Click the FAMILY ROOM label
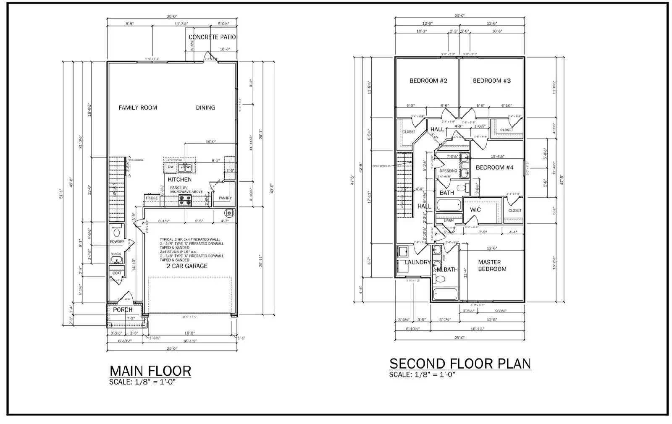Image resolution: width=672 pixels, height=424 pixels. (138, 108)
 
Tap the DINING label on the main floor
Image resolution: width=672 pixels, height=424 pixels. (205, 108)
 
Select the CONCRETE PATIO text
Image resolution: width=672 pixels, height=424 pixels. (212, 37)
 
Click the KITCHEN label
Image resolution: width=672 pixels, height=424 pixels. (180, 180)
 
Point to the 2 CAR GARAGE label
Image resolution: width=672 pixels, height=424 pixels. (186, 266)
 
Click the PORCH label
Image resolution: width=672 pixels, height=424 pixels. (123, 310)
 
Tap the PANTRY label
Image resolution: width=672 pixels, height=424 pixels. (225, 198)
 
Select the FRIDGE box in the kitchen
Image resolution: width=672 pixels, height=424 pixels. (152, 198)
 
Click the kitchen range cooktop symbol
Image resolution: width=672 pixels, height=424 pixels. (185, 201)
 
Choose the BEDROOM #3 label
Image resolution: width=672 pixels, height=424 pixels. (491, 81)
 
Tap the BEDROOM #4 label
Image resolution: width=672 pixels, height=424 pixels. (494, 168)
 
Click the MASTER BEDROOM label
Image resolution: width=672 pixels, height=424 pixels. (492, 266)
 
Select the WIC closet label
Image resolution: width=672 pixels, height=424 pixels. (475, 210)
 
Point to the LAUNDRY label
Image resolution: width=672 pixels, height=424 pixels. (417, 262)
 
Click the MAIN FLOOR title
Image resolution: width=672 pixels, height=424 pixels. (150, 371)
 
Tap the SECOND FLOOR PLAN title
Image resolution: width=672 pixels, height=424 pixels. (460, 364)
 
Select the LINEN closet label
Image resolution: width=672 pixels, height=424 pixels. (448, 220)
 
